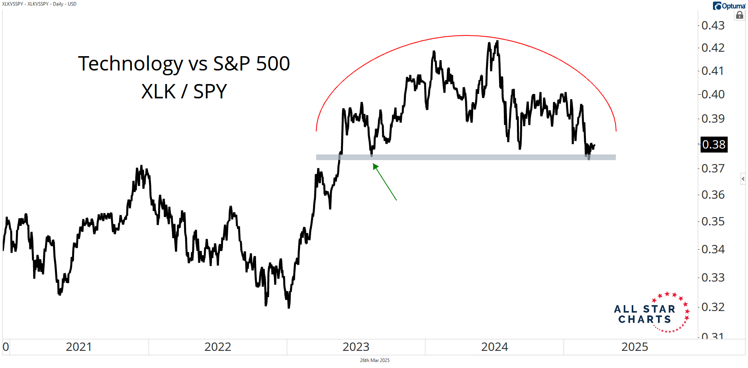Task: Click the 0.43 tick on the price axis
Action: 713,25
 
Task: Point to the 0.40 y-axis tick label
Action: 713,94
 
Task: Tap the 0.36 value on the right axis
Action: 713,195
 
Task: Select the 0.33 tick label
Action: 713,278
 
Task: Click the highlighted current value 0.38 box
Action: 714,145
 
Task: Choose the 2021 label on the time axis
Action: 78,347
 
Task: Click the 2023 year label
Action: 356,347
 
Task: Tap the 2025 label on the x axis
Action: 634,347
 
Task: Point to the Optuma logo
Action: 729,6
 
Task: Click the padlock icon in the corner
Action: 740,15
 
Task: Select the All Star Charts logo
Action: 651,313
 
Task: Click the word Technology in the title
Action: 130,64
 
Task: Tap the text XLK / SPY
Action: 184,92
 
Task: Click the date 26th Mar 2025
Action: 374,360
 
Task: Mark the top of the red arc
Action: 466,35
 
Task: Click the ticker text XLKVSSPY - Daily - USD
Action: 39,4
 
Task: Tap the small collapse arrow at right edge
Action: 743,179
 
